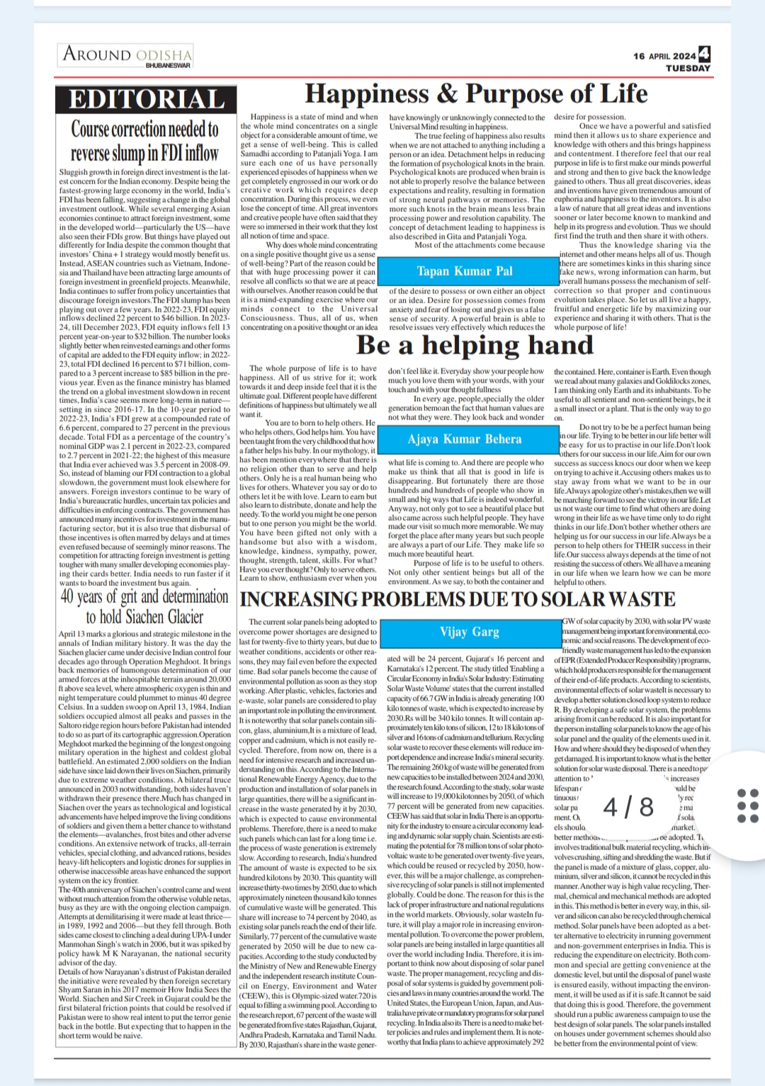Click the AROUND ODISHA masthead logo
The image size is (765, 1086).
point(127,54)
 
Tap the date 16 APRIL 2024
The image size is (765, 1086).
point(664,56)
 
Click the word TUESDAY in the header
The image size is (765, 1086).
point(688,69)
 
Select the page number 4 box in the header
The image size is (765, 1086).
point(704,54)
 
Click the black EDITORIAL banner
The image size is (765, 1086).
point(146,99)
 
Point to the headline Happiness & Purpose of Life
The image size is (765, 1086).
point(476,94)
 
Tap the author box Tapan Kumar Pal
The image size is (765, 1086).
point(465,271)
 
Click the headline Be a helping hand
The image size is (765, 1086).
point(475,345)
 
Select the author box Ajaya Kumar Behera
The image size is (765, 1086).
point(465,439)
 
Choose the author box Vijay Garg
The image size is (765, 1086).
point(469,631)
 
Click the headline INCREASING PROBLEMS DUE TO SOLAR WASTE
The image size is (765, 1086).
point(458,600)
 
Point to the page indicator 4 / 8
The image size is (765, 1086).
point(628,806)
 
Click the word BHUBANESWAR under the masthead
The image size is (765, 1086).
point(168,65)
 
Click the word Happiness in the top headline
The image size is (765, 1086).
point(367,94)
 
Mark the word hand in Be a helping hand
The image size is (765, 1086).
point(559,345)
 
